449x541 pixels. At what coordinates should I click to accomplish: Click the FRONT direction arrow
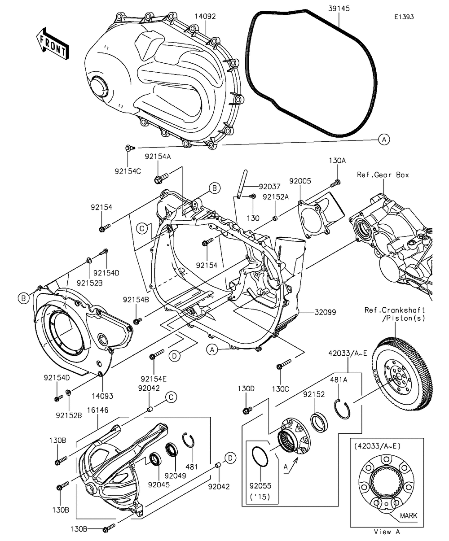tap(53, 44)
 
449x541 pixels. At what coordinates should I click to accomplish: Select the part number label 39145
tap(339, 9)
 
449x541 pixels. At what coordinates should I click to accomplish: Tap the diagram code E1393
tap(404, 17)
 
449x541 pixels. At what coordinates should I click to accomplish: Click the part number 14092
tap(205, 16)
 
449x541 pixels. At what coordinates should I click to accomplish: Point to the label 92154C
tap(128, 171)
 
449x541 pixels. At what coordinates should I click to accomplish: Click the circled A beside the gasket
tap(384, 140)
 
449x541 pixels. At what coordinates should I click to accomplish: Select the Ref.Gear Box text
tap(383, 175)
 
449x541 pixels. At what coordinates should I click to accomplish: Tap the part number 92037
tap(269, 187)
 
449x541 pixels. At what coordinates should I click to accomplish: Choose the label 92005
tap(300, 181)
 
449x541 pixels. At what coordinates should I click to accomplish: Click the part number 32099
tap(325, 312)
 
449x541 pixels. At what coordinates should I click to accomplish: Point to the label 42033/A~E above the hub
tap(348, 353)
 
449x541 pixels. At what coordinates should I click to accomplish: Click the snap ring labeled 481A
tap(342, 410)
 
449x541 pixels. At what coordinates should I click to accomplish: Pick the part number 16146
tap(97, 410)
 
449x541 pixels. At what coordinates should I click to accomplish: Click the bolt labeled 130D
tap(247, 410)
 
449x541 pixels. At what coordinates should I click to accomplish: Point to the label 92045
tap(159, 484)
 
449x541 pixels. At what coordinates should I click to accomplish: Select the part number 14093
tap(102, 396)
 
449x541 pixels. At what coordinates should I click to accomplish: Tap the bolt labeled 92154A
tap(161, 178)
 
